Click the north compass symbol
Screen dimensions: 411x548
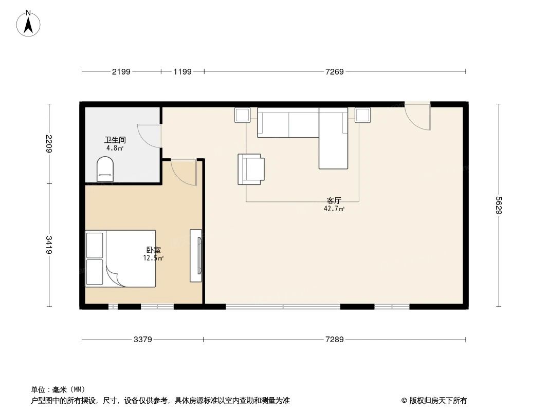click(x=29, y=23)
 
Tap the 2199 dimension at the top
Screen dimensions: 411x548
click(x=121, y=71)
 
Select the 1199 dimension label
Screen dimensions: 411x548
click(x=182, y=71)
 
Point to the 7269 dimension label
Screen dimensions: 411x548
click(x=334, y=71)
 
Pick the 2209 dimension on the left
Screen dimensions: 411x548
click(x=49, y=143)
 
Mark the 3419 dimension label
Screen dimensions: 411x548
click(x=49, y=245)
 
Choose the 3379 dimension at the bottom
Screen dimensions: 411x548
click(x=142, y=340)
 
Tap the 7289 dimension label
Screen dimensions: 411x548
click(x=334, y=340)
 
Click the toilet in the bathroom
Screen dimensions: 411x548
click(x=105, y=170)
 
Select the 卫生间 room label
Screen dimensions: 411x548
click(x=115, y=140)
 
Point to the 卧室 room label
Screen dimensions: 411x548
click(x=153, y=250)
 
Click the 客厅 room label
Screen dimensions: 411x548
click(x=334, y=201)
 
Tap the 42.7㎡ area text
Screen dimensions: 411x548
click(x=335, y=209)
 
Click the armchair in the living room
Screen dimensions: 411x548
click(x=251, y=169)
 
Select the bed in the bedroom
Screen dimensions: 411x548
click(x=121, y=258)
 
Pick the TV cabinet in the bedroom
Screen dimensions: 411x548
click(x=196, y=255)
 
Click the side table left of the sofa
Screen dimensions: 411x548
click(x=243, y=115)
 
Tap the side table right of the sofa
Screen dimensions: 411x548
click(x=362, y=115)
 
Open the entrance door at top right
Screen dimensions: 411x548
click(x=417, y=116)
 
